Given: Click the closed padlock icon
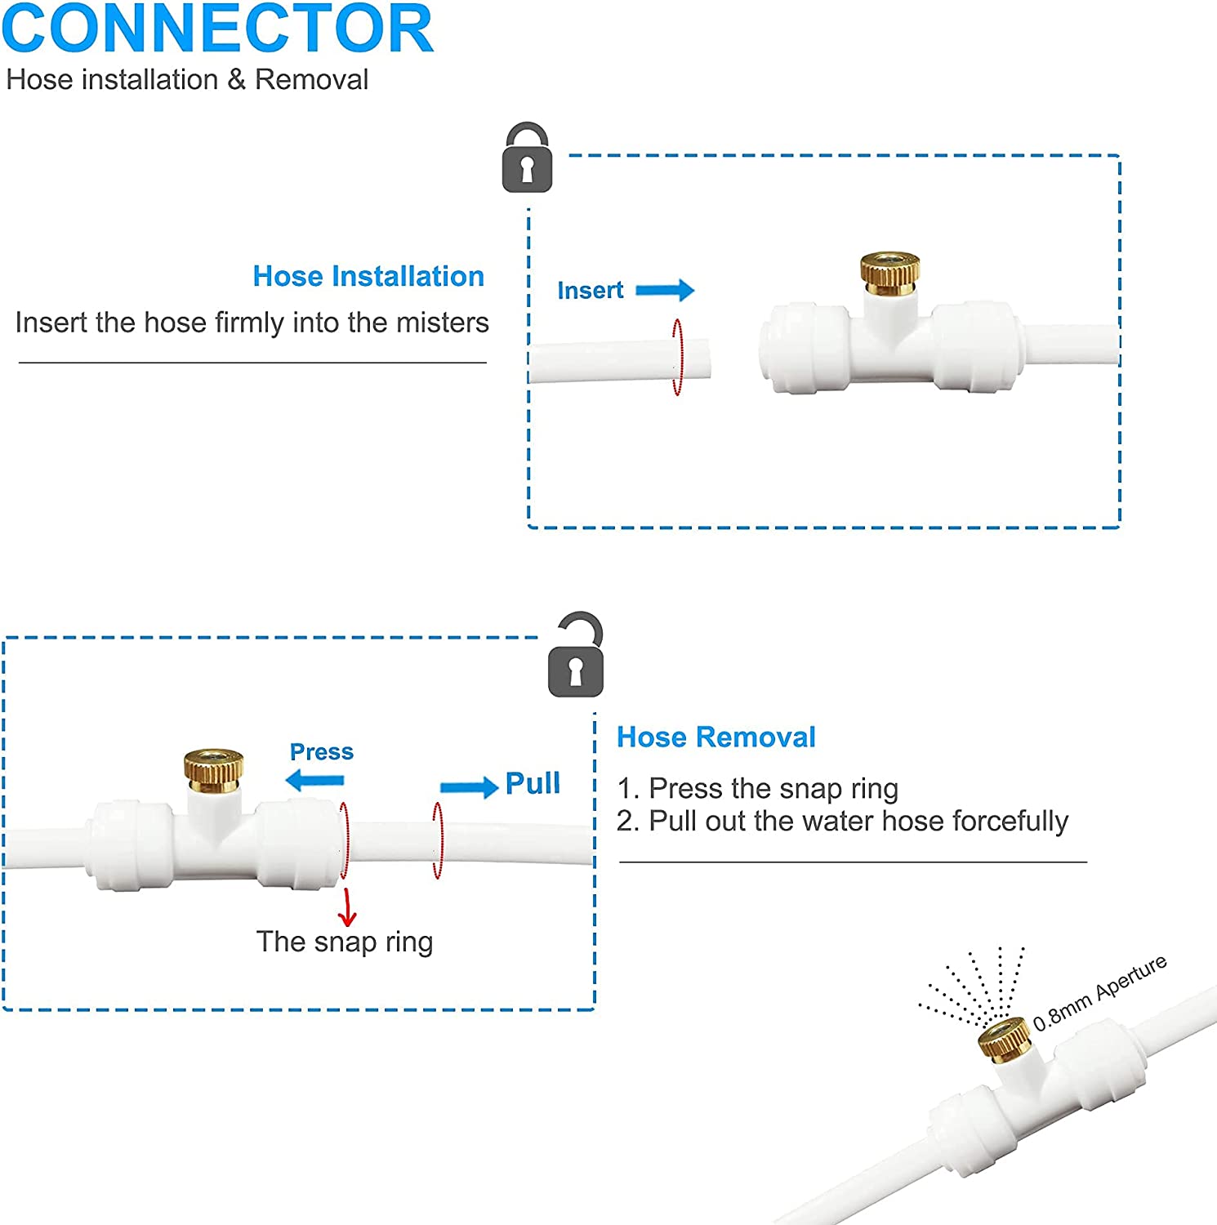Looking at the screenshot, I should pos(527,159).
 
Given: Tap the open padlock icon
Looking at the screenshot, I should pos(576,657).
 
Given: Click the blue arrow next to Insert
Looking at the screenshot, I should pos(665,290).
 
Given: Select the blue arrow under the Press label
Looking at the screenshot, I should pos(315,781).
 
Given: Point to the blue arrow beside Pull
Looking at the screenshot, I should pos(469,787).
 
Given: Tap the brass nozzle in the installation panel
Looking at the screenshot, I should pos(889,274).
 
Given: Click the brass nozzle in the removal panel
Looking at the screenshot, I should pos(213,766).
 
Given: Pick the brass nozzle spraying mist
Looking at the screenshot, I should pos(1004,1039).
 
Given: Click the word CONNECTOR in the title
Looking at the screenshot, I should pos(217,29).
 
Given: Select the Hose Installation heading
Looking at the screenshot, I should pos(368,276).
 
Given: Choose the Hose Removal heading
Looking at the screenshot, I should pos(715,737).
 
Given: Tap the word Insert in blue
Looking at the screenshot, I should pos(590,290).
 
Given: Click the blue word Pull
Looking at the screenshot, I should pos(533,783).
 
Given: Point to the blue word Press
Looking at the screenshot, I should pos(322,751).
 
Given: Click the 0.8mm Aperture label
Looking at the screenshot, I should pos(1099,992).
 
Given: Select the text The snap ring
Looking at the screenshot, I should pos(345,942).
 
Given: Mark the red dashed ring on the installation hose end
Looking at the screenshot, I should pos(677,357).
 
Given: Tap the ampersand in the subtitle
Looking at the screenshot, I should pos(236,80).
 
